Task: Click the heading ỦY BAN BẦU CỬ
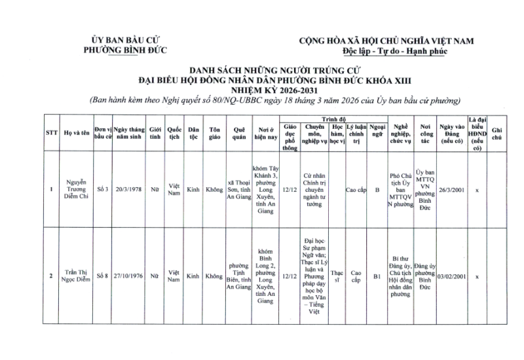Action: click(x=126, y=41)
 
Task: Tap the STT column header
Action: click(x=51, y=133)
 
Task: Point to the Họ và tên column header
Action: click(x=77, y=133)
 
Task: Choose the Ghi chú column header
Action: click(x=496, y=133)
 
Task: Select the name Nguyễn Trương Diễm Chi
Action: click(x=77, y=190)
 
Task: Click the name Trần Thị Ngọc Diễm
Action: click(x=77, y=276)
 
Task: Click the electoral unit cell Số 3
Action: click(x=102, y=190)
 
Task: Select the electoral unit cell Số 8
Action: click(x=102, y=276)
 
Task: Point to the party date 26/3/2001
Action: click(x=451, y=190)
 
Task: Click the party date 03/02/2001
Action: click(x=451, y=276)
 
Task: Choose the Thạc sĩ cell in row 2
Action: click(x=336, y=276)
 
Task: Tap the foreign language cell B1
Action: click(x=377, y=276)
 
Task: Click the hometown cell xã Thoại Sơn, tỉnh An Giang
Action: click(x=238, y=190)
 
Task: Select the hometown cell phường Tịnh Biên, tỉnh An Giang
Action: click(x=238, y=276)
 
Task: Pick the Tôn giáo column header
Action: click(x=214, y=133)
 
